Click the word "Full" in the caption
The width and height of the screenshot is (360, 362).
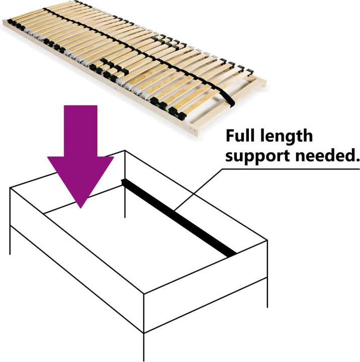[x=240, y=135]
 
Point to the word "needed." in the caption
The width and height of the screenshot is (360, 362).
[x=327, y=155]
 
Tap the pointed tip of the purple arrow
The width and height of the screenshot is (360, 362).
[x=80, y=208]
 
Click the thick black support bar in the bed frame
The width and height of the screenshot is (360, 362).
[x=178, y=218]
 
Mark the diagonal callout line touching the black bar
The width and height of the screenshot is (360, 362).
[x=199, y=190]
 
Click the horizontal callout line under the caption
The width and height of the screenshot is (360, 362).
[x=291, y=169]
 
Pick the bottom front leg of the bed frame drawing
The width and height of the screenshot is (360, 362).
[x=144, y=347]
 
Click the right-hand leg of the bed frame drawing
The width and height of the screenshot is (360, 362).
[x=267, y=293]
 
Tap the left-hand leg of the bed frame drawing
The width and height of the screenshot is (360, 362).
[x=10, y=240]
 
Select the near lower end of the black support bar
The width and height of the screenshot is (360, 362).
[x=231, y=254]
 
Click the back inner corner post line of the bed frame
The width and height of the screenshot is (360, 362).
[x=125, y=184]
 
